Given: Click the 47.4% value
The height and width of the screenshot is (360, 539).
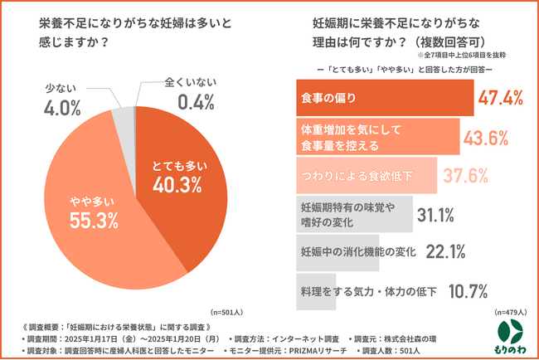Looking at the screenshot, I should point(500,99).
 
